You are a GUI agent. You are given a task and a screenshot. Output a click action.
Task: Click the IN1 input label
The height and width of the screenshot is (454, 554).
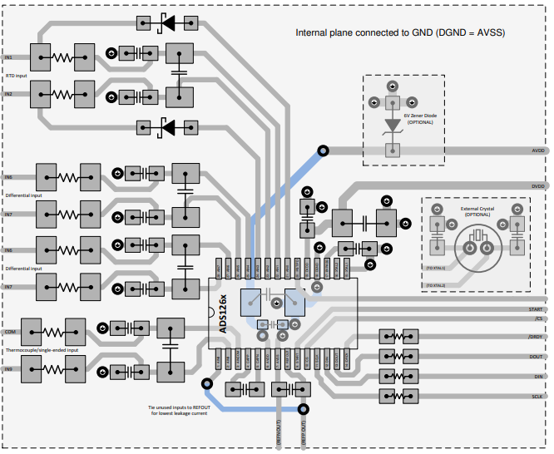8,58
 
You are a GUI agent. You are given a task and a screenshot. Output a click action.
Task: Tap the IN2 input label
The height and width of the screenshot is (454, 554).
8,95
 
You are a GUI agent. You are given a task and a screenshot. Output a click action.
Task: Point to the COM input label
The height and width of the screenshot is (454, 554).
10,331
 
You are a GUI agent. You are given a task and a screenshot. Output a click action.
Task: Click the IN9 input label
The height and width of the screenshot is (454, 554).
8,368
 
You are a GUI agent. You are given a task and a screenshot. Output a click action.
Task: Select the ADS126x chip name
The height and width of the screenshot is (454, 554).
222,313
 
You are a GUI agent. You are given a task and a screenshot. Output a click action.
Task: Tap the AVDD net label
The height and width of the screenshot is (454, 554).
537,152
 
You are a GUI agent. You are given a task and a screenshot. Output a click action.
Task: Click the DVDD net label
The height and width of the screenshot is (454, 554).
537,187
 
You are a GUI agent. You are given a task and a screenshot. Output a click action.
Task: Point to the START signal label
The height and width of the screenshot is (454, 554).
537,309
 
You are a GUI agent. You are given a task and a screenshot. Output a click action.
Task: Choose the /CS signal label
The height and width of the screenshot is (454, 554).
539,318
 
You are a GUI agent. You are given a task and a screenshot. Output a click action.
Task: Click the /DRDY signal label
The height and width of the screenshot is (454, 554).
537,337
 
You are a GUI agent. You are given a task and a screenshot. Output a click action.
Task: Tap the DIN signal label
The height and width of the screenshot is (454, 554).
539,376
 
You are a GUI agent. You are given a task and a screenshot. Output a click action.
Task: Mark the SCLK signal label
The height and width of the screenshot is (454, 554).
537,396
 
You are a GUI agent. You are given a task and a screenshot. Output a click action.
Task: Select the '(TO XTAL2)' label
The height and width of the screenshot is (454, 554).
435,285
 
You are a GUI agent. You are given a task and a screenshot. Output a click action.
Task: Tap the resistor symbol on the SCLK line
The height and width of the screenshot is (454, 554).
396,396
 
